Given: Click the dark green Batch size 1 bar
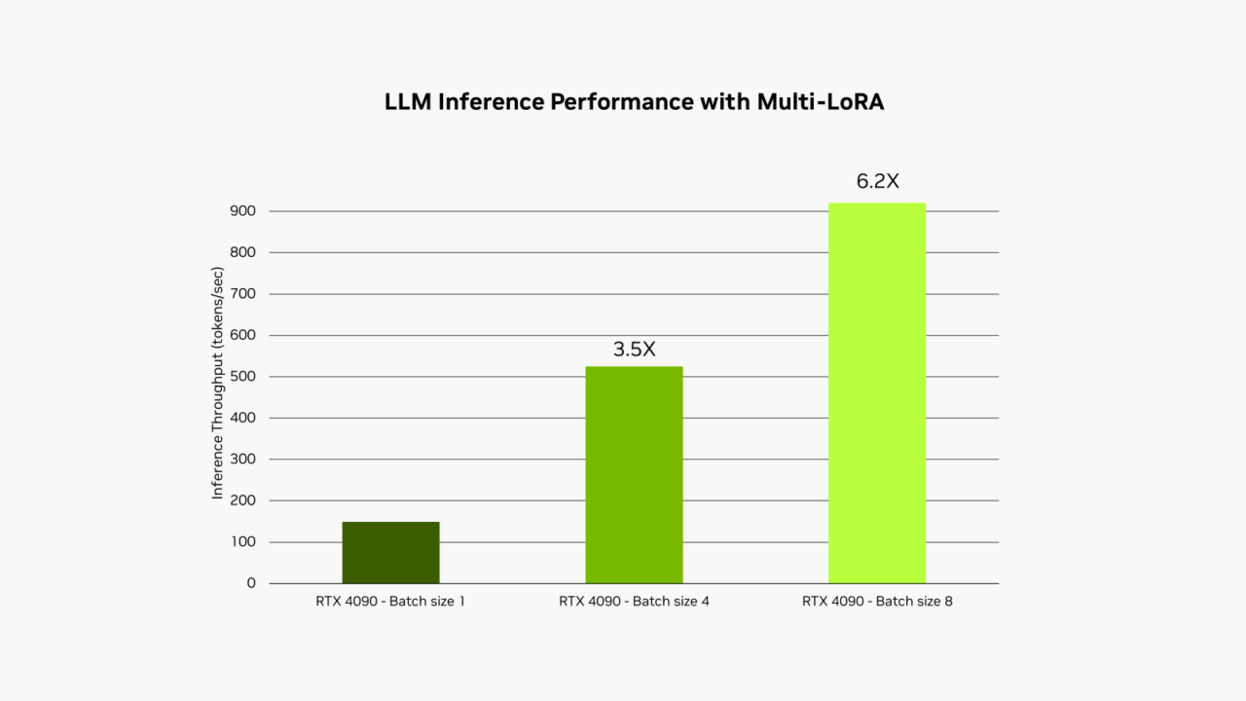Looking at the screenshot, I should (390, 552).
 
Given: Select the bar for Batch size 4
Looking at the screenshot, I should (634, 474).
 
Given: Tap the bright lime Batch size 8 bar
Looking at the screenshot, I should (877, 392).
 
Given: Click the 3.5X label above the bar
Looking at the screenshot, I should (634, 350).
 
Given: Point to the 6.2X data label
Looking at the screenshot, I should (877, 182).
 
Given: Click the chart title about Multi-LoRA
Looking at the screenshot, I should (634, 102).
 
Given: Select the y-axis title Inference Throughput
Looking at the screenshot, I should (218, 384).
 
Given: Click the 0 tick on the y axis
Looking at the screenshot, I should (251, 583).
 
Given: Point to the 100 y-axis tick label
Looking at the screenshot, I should (243, 542).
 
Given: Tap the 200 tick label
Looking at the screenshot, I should (243, 500).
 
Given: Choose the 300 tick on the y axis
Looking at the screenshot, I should (243, 460).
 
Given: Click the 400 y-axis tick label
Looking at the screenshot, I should (243, 418).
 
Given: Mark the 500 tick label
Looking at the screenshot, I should (243, 377).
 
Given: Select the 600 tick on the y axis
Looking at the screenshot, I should (243, 335).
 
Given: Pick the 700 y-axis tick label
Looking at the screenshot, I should (243, 294).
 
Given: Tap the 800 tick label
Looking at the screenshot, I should (243, 252).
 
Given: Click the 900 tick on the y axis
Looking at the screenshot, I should (243, 211).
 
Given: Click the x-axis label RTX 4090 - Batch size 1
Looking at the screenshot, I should (390, 602).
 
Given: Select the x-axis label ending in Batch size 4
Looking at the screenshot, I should (634, 602).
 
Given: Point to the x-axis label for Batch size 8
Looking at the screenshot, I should (877, 602).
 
